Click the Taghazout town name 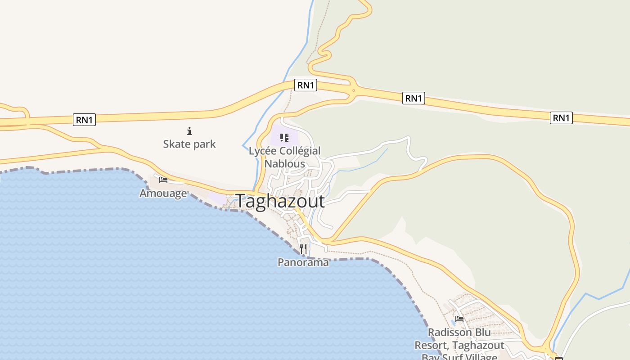coord(279,201)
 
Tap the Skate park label coord(189,144)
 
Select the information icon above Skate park coord(189,131)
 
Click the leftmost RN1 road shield coord(84,120)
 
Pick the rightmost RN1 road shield coord(561,118)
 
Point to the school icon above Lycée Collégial coord(284,137)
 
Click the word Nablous coord(284,163)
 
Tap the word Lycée coord(263,151)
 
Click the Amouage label coord(163,193)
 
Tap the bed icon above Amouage coord(163,180)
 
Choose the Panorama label coord(303,262)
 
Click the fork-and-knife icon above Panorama coord(303,248)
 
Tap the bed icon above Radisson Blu coord(459,319)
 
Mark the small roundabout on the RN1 coord(354,90)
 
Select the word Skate coord(176,144)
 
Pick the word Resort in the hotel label coord(432,346)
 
